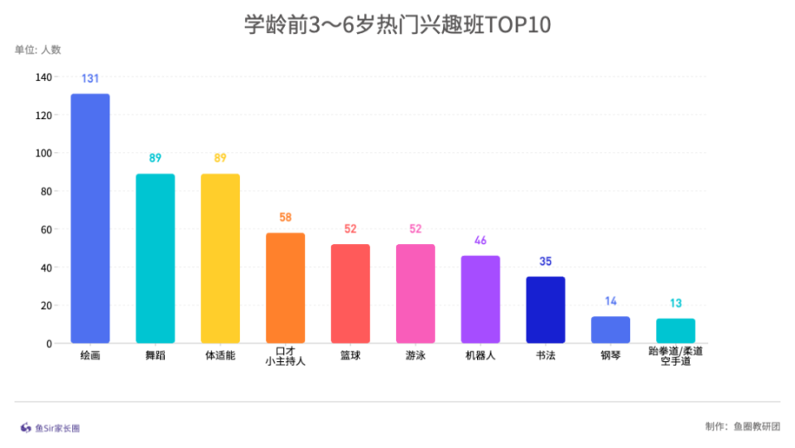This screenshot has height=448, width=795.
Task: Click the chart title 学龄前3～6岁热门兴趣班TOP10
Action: (x=397, y=25)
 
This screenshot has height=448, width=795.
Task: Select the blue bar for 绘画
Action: (x=90, y=219)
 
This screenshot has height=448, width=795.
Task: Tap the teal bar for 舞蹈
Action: (x=155, y=258)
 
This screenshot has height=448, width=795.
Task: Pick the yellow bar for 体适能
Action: (x=220, y=258)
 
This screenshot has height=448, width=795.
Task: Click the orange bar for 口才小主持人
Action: (x=285, y=288)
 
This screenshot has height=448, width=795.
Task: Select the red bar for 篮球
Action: (x=350, y=294)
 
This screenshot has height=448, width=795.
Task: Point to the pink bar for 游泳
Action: (x=415, y=294)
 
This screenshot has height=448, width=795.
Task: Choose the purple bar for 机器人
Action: (x=480, y=300)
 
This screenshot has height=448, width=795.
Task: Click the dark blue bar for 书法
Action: (x=545, y=310)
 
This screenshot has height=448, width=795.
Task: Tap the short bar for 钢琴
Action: (x=610, y=330)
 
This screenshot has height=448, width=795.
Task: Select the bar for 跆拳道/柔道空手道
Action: (x=676, y=330)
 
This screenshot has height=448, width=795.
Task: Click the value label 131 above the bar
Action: (x=90, y=79)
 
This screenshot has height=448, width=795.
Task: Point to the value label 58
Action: (x=285, y=218)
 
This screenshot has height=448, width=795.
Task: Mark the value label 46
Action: (x=480, y=241)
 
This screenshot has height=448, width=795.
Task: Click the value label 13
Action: (x=676, y=303)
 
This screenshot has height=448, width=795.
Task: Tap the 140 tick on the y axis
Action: (x=43, y=77)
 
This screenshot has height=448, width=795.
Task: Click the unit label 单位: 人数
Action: (x=38, y=50)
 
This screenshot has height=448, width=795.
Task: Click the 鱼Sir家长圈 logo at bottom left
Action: (x=51, y=428)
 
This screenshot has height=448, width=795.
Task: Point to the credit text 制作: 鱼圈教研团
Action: (x=742, y=426)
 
